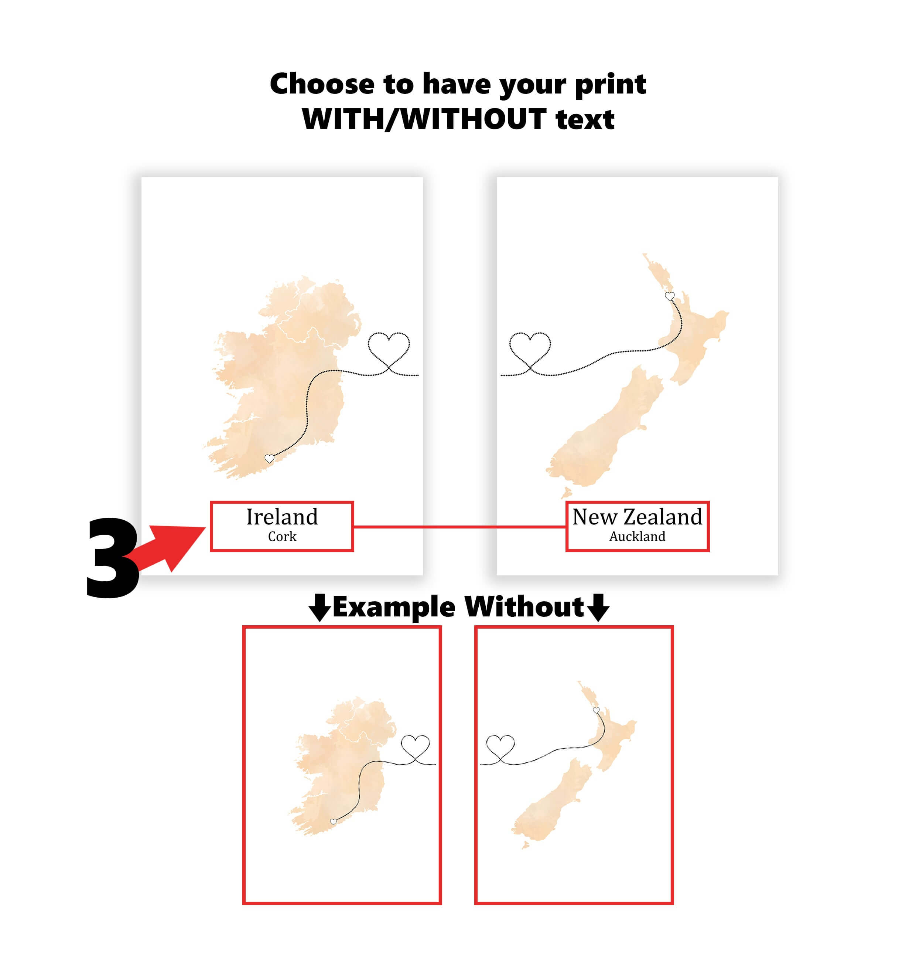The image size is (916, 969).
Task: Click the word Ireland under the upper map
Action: coord(282,517)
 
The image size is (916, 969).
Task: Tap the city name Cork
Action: coord(282,537)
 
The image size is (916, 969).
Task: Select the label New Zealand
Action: coord(637,517)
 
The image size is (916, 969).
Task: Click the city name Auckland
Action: coord(637,537)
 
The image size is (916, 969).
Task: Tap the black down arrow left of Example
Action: coord(320,608)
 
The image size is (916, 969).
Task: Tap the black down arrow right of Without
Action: coord(598,608)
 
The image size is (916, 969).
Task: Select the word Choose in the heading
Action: coord(322,84)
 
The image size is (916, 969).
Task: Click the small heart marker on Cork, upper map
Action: coord(269,458)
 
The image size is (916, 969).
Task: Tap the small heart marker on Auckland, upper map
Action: coord(669,296)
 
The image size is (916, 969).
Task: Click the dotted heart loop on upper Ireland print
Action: coord(389,347)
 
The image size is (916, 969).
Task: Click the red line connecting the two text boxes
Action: coord(459,527)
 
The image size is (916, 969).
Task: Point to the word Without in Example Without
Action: coord(523,608)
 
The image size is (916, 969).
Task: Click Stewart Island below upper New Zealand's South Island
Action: coord(566,492)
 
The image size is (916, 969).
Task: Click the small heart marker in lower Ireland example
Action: coord(334,822)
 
